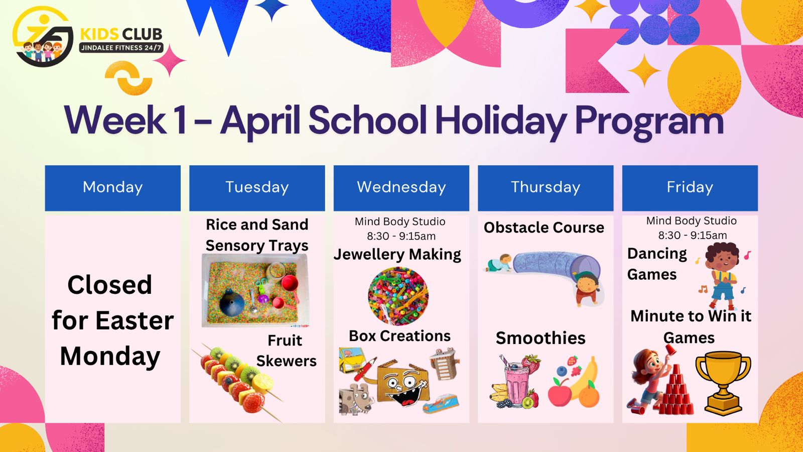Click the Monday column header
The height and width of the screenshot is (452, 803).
112,188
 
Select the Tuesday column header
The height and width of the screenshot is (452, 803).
257,188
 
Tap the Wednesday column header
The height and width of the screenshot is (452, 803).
401,188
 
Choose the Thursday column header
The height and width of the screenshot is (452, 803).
546,188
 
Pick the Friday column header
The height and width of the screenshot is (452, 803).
690,188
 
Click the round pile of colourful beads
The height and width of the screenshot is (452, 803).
398,296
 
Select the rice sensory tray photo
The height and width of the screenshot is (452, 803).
255,290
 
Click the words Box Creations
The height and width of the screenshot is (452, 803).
399,336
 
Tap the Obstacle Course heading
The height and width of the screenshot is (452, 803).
544,228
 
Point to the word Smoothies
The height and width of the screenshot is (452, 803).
541,338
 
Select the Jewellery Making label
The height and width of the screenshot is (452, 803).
397,255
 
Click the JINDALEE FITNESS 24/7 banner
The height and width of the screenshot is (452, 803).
121,48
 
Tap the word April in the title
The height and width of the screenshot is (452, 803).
260,120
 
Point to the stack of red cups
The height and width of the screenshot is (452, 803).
676,391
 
